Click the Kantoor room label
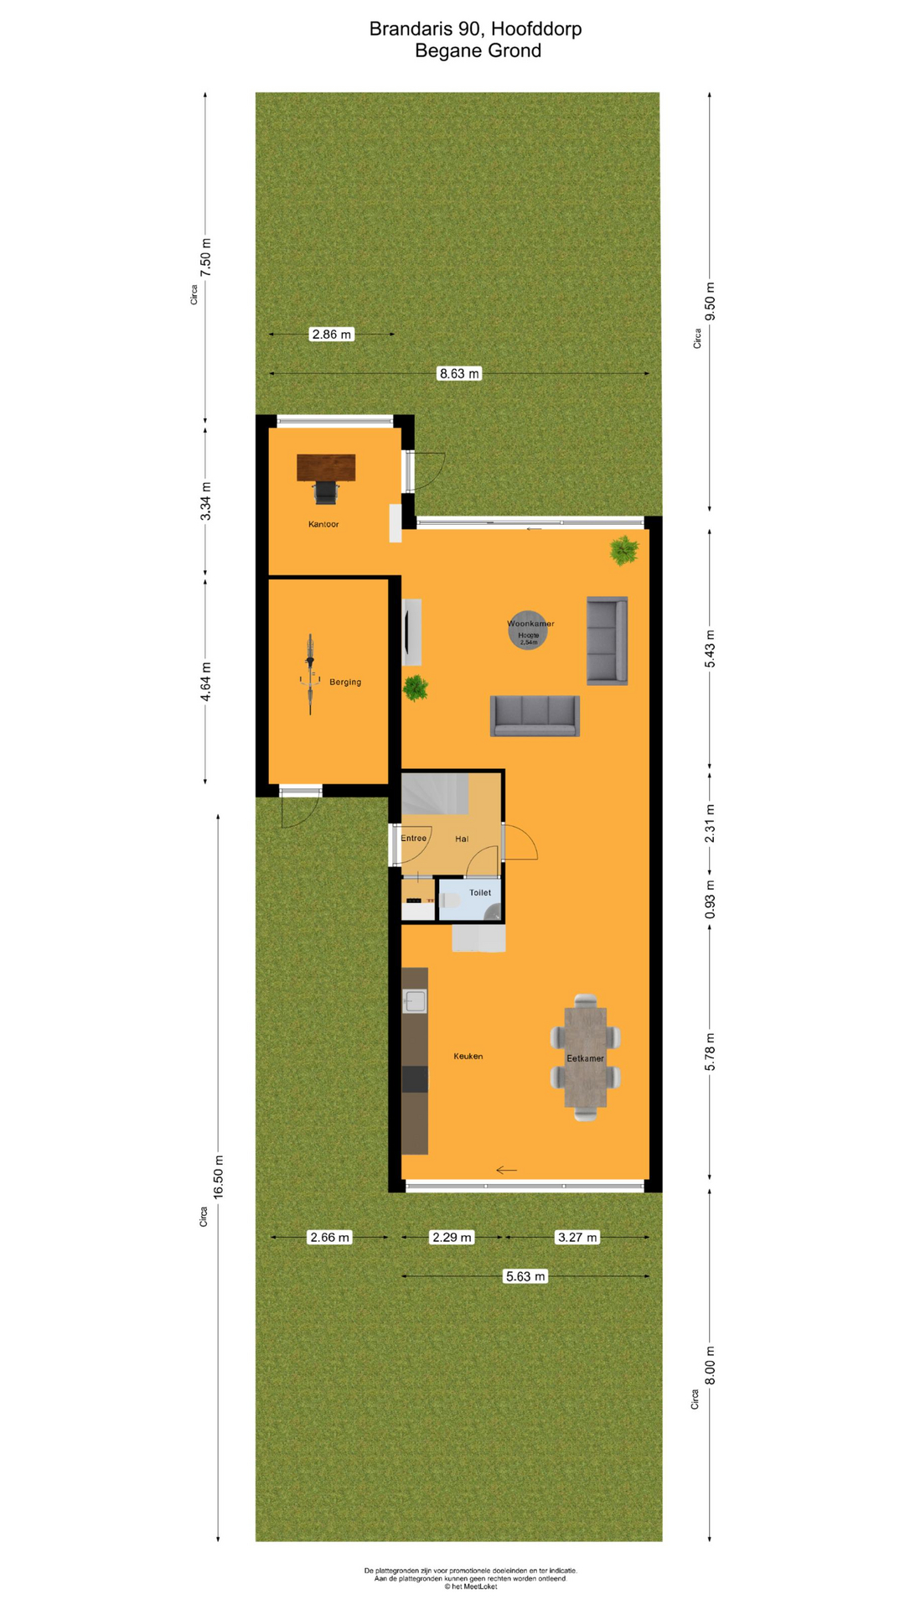(323, 524)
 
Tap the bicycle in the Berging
(310, 674)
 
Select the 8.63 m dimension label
(459, 373)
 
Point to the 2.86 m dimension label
(332, 334)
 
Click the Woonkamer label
(530, 624)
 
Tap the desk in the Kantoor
(326, 467)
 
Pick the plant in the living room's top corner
(623, 550)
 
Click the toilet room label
(480, 892)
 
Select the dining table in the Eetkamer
(585, 1057)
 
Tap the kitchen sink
(415, 1000)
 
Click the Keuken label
(468, 1057)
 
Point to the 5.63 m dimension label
(525, 1276)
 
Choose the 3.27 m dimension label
(577, 1237)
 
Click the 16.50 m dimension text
(219, 1176)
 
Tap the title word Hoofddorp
(536, 29)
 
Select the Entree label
(413, 839)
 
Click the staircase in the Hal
(434, 794)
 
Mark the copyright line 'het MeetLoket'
(470, 1587)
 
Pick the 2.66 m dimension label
(329, 1237)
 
